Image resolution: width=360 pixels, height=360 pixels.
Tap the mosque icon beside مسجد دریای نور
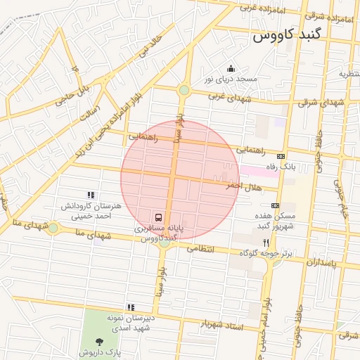231,68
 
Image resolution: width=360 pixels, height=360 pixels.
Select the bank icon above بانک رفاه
281,156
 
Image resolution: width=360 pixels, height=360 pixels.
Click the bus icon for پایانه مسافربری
159,217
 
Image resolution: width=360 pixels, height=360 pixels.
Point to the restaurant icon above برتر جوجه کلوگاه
265,241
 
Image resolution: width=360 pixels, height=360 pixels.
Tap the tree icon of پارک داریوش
95,340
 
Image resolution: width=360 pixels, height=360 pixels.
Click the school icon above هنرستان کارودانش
90,195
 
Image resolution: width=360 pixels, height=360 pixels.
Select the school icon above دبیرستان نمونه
131,307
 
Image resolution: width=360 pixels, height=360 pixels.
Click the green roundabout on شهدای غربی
184,90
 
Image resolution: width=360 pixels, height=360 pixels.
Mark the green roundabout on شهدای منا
53,228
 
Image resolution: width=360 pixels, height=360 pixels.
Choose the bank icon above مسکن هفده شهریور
274,205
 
